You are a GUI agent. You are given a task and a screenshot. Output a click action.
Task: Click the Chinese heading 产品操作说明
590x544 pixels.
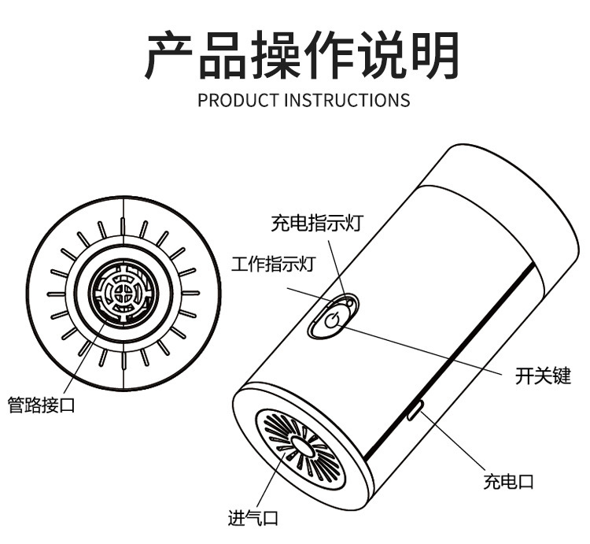tap(302, 55)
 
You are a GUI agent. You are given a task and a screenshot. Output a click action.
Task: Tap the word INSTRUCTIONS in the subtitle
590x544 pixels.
tap(347, 100)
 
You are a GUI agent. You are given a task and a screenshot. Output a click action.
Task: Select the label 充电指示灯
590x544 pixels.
tap(317, 223)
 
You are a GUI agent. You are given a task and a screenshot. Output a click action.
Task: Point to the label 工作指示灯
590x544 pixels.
tap(272, 264)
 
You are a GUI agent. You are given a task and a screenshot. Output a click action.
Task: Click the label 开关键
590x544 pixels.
tap(543, 376)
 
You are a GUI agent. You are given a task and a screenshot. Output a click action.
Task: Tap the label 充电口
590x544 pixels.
tap(508, 482)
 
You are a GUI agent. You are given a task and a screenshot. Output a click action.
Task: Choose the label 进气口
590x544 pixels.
tap(253, 518)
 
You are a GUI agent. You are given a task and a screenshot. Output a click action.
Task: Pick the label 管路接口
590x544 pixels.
tap(41, 405)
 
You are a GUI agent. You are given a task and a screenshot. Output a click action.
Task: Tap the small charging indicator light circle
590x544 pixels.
tap(350, 302)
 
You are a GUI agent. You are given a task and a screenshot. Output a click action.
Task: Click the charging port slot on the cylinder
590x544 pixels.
tap(416, 409)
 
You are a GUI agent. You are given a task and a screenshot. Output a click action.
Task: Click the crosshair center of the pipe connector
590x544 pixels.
tap(123, 293)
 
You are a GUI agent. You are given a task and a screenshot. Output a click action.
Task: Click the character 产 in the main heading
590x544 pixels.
tap(169, 55)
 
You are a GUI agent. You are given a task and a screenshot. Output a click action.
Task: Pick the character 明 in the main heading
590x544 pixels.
tap(436, 55)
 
